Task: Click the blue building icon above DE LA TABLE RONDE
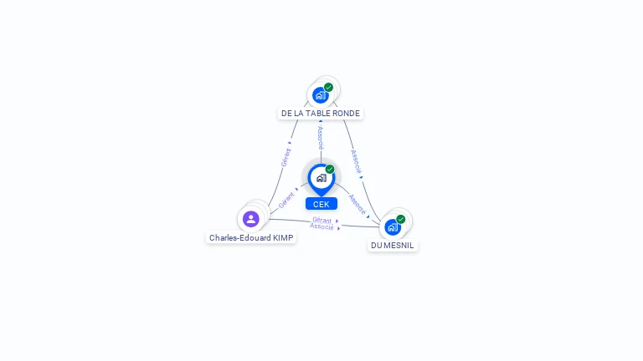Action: (320, 95)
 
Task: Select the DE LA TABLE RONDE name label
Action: (321, 114)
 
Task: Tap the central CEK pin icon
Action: (321, 178)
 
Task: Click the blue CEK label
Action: (321, 204)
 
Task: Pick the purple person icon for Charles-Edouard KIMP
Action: (250, 219)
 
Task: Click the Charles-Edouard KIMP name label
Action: (251, 237)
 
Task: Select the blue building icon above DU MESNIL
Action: (392, 226)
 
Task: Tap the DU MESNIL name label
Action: (393, 245)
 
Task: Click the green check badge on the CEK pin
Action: (330, 170)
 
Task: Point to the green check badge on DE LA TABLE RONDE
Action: (328, 87)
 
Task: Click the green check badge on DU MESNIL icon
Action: (401, 219)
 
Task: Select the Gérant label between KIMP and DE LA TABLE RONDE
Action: (286, 156)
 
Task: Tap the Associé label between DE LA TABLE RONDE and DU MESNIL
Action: (356, 160)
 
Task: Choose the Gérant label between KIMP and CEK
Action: (286, 201)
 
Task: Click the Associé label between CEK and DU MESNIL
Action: (358, 203)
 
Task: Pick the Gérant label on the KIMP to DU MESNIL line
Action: (322, 220)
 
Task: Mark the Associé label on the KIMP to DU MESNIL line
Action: (322, 226)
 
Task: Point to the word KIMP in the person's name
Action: (281, 237)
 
